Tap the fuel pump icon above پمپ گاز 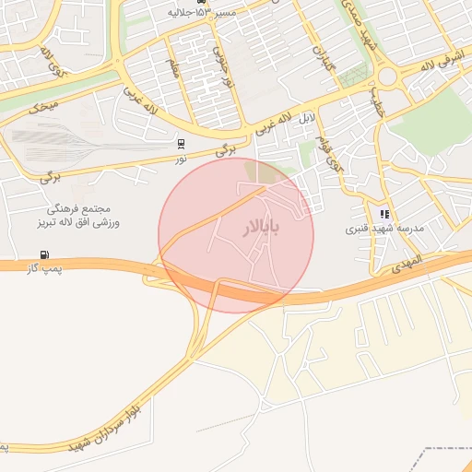coord(43,254)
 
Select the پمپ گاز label coord(43,267)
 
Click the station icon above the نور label coord(181,143)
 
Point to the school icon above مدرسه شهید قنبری coord(384,214)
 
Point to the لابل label coord(306,119)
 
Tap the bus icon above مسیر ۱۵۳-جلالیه coord(176,3)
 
